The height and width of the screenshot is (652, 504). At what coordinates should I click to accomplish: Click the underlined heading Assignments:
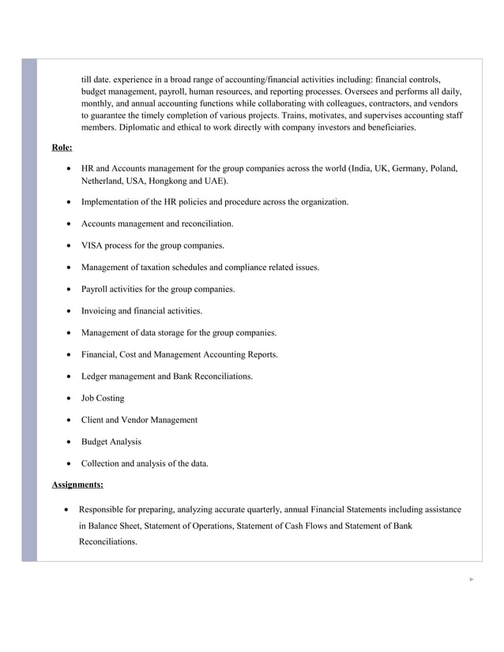pyautogui.click(x=77, y=484)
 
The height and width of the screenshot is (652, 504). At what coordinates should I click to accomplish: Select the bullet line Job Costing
pyautogui.click(x=103, y=398)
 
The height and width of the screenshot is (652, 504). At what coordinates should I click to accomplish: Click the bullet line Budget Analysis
pyautogui.click(x=111, y=441)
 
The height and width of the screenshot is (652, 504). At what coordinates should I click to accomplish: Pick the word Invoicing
pyautogui.click(x=100, y=311)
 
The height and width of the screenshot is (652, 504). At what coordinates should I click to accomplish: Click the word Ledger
pyautogui.click(x=96, y=377)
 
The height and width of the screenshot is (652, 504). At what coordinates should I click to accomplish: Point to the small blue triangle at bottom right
pyautogui.click(x=472, y=579)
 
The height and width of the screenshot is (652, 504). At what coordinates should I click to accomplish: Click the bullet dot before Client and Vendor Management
pyautogui.click(x=71, y=420)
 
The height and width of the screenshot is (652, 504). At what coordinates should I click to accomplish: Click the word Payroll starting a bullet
pyautogui.click(x=96, y=289)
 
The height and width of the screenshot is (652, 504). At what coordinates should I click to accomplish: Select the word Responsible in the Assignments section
pyautogui.click(x=105, y=509)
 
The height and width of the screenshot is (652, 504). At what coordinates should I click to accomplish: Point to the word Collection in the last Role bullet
pyautogui.click(x=103, y=463)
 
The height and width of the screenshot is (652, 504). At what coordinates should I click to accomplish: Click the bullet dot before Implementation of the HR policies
pyautogui.click(x=71, y=203)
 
